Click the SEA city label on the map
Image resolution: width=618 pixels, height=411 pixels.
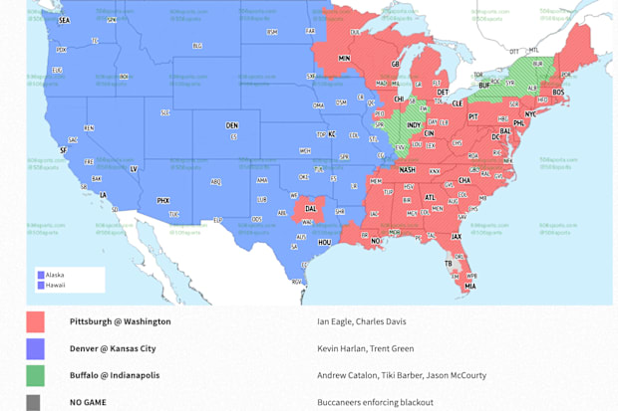pos(65,20)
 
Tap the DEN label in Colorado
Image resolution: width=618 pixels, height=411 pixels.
pos(232,125)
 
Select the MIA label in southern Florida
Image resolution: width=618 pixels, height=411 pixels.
pos(469,286)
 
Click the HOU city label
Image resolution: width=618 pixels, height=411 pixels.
pos(325,242)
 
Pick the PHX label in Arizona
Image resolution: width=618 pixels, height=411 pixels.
pos(163,200)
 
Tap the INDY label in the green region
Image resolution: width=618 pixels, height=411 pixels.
pos(414,125)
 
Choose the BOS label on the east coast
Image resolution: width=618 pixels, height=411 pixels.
pos(558,93)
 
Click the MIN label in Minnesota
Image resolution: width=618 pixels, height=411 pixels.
pos(345,59)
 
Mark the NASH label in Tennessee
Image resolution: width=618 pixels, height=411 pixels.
pos(408,170)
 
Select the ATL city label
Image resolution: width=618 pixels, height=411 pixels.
pos(431,197)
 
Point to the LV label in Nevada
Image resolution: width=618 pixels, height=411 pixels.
pos(134,169)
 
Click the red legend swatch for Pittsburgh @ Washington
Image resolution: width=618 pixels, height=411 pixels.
pos(36,322)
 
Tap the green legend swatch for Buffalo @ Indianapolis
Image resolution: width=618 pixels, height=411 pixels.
pos(36,376)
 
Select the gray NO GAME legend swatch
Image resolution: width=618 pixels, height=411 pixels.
pos(36,402)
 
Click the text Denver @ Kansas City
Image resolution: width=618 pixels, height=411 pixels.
pos(115,349)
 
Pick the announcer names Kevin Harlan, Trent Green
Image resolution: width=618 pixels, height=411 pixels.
pos(365,349)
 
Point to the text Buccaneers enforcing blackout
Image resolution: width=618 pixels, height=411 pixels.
pos(375,402)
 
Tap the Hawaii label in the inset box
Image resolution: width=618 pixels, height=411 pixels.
pos(57,285)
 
